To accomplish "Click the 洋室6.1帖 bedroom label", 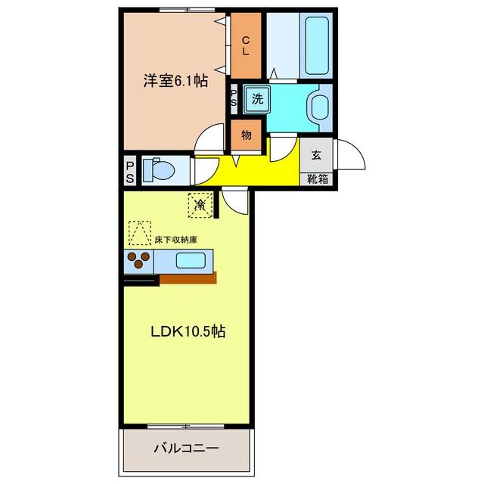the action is pos(175,81).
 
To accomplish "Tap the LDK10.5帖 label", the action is pos(188,331).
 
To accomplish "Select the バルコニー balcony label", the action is pos(186,448).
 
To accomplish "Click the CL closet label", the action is pos(246,45).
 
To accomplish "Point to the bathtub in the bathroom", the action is pos(316,45).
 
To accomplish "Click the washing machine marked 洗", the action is pos(257,99).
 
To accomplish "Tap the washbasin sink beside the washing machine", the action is pos(320,107).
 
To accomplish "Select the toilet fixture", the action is pos(158,169).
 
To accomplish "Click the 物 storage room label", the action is pos(246,135).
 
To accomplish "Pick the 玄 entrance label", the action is pos(316,154).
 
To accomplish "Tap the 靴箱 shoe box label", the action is pos(318,178).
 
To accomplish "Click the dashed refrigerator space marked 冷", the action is pos(200,205).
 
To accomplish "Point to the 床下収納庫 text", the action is pos(175,240).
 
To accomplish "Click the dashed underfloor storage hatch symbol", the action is pos(140,233).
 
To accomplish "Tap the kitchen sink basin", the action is pos(191,260).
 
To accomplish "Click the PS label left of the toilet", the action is pos(130,173).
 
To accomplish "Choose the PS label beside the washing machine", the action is pos(234,98).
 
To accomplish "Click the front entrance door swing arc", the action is pos(355,149).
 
